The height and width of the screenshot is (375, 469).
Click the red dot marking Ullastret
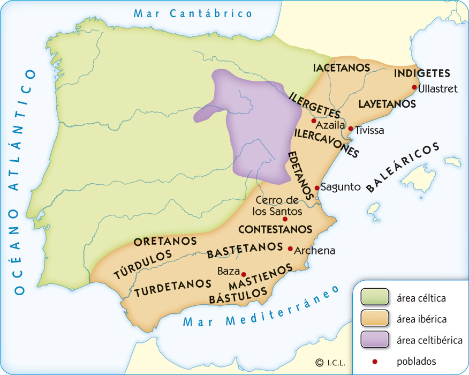click(414, 87)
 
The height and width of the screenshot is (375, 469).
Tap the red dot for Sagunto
click(317, 187)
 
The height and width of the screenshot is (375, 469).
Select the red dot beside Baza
click(244, 274)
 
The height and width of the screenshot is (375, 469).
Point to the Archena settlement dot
click(290, 249)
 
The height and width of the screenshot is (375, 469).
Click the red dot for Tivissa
click(351, 129)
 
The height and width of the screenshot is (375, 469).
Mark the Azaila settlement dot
click(314, 121)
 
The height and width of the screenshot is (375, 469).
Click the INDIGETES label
click(421, 74)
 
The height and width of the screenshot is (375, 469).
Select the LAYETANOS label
click(385, 103)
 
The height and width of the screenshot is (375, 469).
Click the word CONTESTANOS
click(275, 229)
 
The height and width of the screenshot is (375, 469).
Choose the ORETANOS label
click(165, 242)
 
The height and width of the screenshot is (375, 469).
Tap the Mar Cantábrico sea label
click(193, 13)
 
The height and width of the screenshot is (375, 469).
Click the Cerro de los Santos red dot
click(285, 219)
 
